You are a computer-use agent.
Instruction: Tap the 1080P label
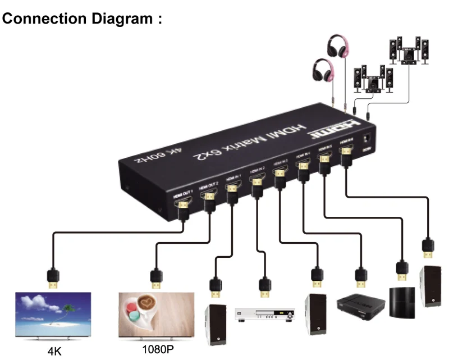pyautogui.click(x=157, y=349)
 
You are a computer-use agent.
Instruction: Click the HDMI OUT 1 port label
pyautogui.click(x=183, y=193)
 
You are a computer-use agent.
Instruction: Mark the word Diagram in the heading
pyautogui.click(x=118, y=19)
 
